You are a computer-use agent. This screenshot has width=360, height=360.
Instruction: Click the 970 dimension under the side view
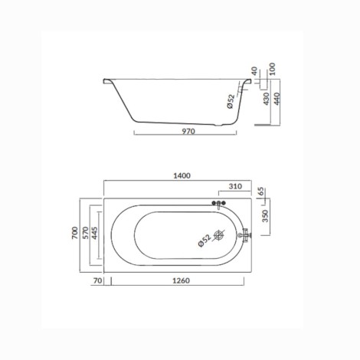point(188,131)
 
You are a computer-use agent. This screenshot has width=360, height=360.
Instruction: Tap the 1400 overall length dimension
point(182,175)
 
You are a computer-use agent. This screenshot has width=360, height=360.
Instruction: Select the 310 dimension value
point(235,186)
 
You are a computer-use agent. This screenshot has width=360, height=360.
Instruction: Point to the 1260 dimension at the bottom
point(182,280)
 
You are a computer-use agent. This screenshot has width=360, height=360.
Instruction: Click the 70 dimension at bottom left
point(97,280)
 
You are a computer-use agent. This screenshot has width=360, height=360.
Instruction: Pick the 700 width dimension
point(75,233)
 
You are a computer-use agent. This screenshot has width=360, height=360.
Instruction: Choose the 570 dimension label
point(86,233)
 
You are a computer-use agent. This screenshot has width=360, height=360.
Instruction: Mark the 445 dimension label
point(94,233)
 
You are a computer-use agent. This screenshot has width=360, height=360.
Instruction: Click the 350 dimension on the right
point(266,216)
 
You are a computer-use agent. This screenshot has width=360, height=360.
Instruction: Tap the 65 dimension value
point(260,191)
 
